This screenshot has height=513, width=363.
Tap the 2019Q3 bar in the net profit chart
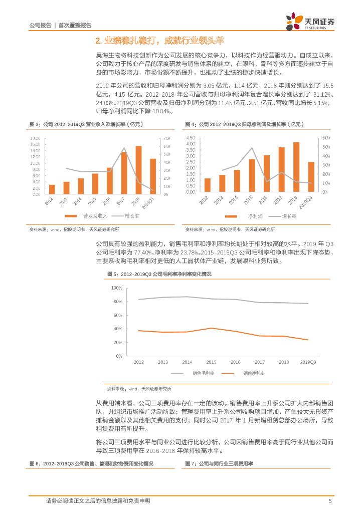pyautogui.click(x=311, y=177)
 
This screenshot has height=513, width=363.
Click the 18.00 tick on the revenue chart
pyautogui.click(x=36, y=138)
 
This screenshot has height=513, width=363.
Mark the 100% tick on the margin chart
pyautogui.click(x=116, y=288)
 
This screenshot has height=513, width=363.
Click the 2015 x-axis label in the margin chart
pyautogui.click(x=211, y=362)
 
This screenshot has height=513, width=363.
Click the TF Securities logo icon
pyautogui.click(x=292, y=22)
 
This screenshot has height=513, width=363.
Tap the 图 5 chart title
pyautogui.click(x=159, y=274)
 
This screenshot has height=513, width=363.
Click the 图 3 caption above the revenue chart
pyautogui.click(x=79, y=124)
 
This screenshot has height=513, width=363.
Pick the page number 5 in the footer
pyautogui.click(x=329, y=500)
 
